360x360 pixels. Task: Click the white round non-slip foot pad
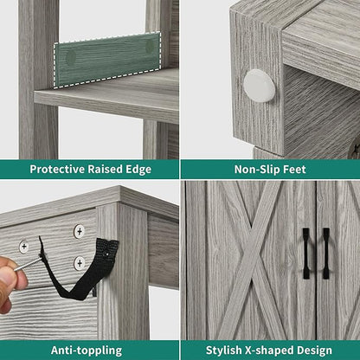click(x=260, y=86)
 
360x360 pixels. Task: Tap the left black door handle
click(x=306, y=254)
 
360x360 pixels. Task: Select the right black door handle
click(x=326, y=254)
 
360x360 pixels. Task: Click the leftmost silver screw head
click(x=24, y=247)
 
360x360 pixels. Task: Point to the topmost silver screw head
click(x=79, y=231)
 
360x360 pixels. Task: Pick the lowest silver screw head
click(x=80, y=263)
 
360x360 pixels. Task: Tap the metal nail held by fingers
click(x=29, y=264)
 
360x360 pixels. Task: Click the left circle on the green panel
click(x=71, y=57)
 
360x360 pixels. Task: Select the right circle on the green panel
click(x=150, y=46)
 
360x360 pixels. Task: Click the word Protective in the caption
click(x=57, y=169)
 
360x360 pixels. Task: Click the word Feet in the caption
click(x=295, y=169)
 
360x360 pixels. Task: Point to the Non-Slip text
click(x=257, y=169)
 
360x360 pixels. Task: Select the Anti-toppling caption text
click(x=87, y=350)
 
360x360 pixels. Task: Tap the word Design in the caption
click(x=315, y=350)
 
